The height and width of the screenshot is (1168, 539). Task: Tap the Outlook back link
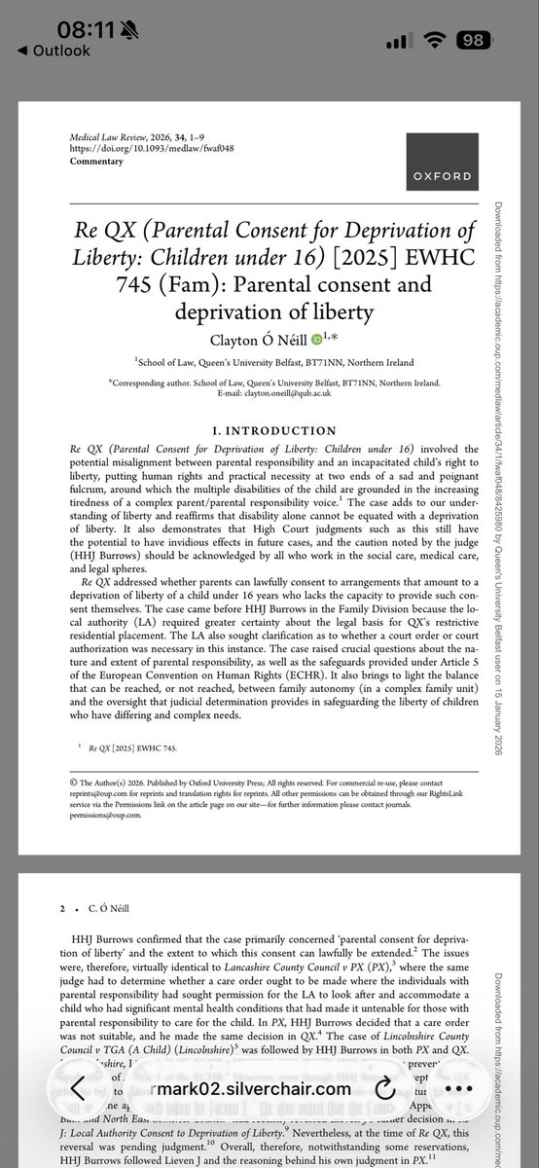(54, 52)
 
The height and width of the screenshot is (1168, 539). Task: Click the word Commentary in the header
(97, 162)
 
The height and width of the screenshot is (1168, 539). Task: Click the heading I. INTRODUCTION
(274, 430)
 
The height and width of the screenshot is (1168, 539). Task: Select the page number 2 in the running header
(60, 907)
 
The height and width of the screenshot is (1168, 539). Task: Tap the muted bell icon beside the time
(122, 29)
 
